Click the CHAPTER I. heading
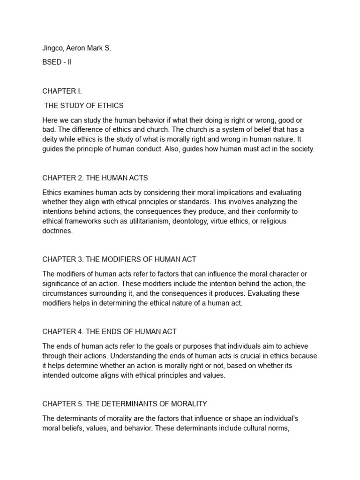tap(62, 91)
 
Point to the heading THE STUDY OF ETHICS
tap(84, 105)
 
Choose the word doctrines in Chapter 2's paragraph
tap(57, 231)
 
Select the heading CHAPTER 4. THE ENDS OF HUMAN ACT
tap(109, 331)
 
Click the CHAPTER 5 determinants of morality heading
tap(125, 404)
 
